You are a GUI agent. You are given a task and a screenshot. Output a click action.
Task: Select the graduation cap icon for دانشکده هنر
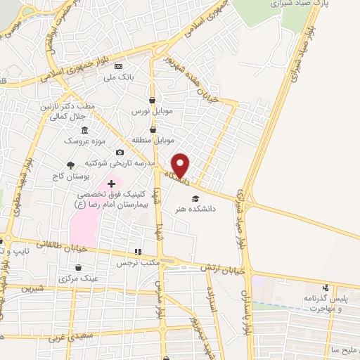point(195,198)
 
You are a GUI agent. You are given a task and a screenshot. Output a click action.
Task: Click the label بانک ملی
point(119,77)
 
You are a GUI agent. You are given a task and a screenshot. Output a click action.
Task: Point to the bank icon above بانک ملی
point(117,66)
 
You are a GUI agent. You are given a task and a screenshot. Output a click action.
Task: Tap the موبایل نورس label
point(150,111)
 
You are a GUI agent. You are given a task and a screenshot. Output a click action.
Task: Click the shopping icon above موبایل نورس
point(153,100)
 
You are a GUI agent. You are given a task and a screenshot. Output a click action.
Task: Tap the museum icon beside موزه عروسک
point(85,130)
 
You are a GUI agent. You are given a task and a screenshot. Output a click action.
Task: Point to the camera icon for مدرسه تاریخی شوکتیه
point(120,153)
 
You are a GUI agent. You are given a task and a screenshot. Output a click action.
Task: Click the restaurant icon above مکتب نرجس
point(139,251)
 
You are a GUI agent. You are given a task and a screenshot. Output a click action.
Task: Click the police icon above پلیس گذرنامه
point(326,288)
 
